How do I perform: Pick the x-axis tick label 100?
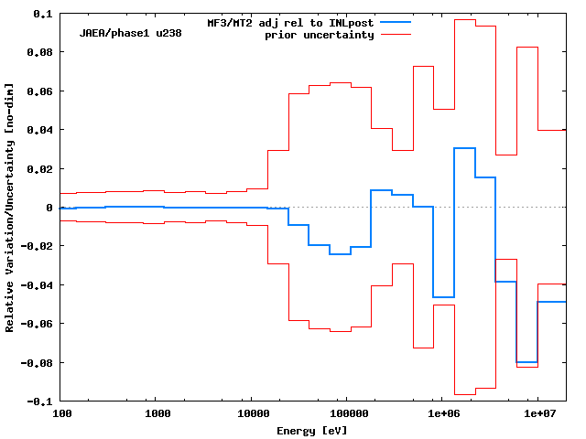click(61, 415)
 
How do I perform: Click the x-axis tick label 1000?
click(157, 415)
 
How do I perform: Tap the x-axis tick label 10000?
click(250, 415)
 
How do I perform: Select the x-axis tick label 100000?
click(345, 415)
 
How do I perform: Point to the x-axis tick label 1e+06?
click(441, 415)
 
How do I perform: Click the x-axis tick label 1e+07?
click(537, 415)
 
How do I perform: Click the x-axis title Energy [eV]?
click(311, 430)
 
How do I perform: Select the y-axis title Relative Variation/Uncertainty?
click(10, 207)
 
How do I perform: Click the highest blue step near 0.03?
click(464, 148)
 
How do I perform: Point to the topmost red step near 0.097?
click(464, 19)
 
